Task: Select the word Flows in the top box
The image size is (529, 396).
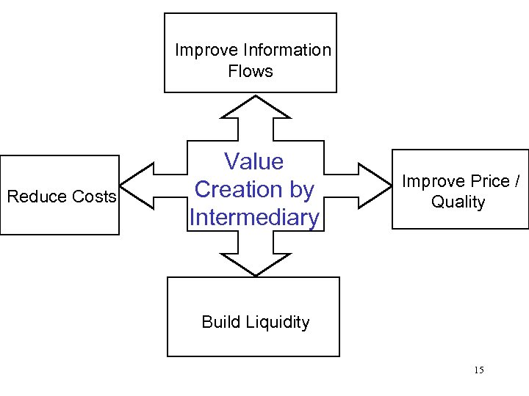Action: (251, 71)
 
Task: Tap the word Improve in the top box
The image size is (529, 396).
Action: (206, 50)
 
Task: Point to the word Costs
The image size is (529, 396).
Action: (93, 197)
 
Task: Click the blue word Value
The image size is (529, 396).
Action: (253, 161)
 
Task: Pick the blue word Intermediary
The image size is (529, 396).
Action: (254, 218)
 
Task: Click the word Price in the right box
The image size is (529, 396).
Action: (486, 181)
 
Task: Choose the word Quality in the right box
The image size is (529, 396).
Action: (458, 202)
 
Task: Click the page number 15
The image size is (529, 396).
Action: (478, 370)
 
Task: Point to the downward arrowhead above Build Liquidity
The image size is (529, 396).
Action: (255, 265)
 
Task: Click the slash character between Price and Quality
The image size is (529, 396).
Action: (517, 181)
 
